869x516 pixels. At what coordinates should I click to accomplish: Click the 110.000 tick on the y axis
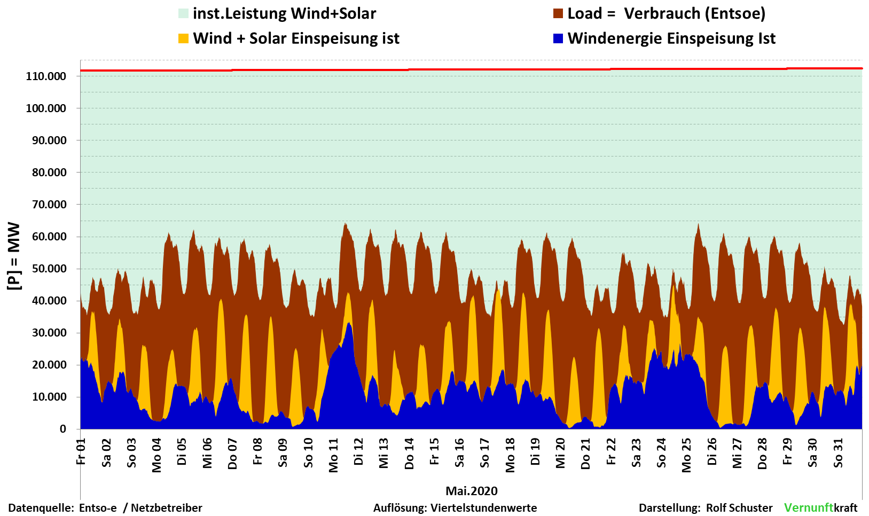(46, 76)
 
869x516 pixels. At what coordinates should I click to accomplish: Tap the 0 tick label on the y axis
(63, 429)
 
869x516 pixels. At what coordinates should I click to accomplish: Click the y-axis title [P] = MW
(14, 256)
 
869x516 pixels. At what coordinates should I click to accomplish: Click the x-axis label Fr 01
(81, 452)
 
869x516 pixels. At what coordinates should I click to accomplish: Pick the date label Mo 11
(334, 456)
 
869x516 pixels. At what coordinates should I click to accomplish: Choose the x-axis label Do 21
(586, 454)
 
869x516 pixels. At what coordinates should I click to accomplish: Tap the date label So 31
(839, 453)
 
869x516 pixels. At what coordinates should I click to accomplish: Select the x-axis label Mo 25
(687, 456)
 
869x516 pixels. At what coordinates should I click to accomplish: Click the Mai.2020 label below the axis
(472, 491)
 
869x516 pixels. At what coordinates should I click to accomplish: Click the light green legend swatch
(184, 14)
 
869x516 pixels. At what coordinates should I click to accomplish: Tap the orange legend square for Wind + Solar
(184, 38)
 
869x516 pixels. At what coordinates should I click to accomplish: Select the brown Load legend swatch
(558, 14)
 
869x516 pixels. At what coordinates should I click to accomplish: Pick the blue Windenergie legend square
(558, 38)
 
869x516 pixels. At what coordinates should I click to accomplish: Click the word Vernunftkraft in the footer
(820, 507)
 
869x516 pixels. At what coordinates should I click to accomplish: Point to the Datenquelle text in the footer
(41, 508)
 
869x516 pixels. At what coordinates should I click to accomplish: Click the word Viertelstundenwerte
(484, 508)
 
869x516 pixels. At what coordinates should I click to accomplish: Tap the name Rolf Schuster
(739, 508)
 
